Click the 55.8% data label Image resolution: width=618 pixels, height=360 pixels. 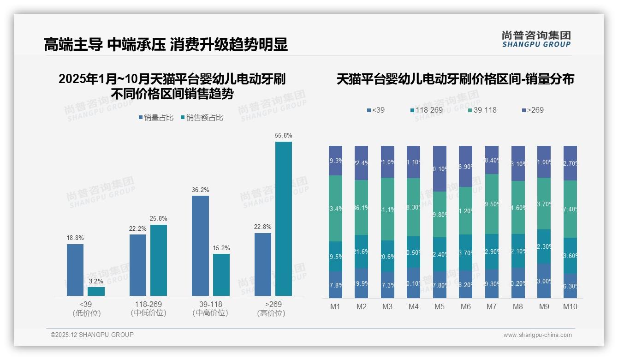point(284,136)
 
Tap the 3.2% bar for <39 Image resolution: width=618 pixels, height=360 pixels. point(96,291)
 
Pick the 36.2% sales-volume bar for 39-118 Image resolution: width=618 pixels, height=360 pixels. point(200,246)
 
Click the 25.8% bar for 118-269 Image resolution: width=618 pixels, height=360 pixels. point(159,260)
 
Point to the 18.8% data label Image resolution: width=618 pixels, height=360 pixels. point(75,238)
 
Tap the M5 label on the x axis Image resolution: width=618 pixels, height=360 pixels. point(440,306)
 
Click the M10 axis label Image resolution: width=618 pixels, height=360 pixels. point(570,306)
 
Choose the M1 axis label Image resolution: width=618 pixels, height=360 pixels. point(335,306)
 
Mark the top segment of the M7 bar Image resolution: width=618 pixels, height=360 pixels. point(492,160)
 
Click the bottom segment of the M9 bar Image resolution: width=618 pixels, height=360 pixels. point(544,281)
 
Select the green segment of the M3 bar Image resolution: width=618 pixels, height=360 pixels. point(387,209)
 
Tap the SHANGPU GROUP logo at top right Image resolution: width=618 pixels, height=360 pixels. point(536,39)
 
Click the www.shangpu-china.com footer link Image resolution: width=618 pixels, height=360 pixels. point(537,335)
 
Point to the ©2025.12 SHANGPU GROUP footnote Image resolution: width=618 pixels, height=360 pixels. point(92,335)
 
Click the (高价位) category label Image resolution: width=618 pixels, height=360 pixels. point(271,313)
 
